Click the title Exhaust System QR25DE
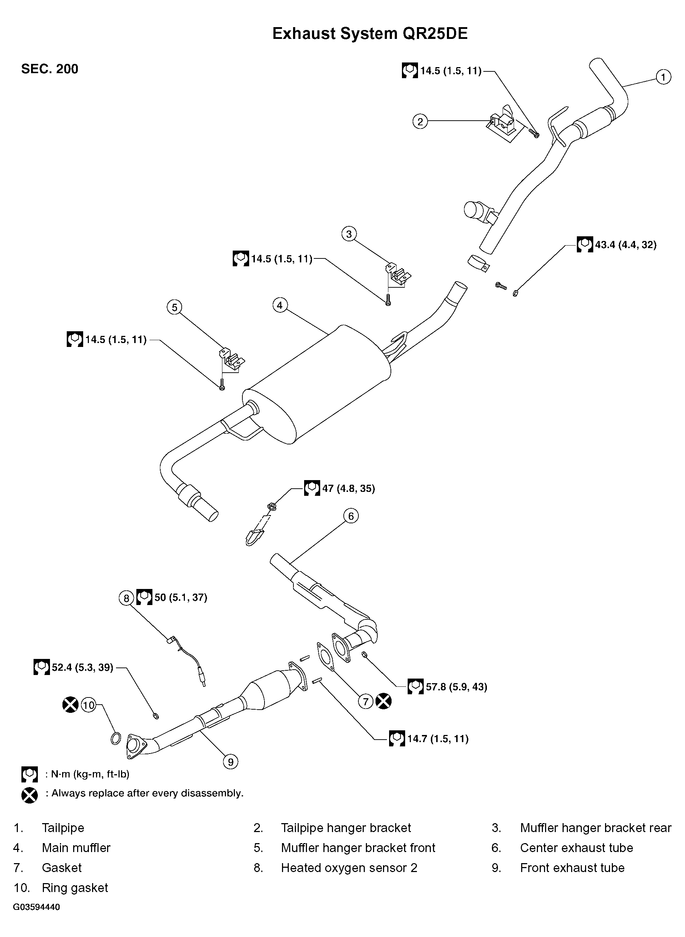point(369,34)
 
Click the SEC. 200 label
point(50,69)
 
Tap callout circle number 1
point(663,77)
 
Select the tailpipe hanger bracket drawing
point(503,124)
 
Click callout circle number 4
point(280,306)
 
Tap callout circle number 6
point(351,516)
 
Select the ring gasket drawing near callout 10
point(116,739)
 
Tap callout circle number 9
point(231,761)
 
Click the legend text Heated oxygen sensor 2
point(349,868)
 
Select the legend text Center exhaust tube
point(576,848)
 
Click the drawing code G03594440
point(36,907)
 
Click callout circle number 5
point(174,307)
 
